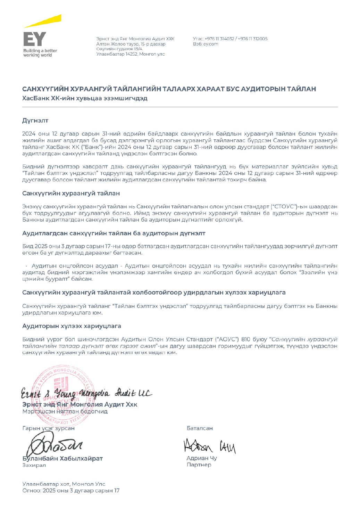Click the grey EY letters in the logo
coord(34,39)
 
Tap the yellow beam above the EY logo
coord(43,21)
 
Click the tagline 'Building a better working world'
coord(40,53)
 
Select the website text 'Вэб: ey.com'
coord(206,44)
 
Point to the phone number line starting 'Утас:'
coord(230,39)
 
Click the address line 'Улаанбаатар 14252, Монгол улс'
coord(131,54)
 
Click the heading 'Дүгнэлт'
coord(35,121)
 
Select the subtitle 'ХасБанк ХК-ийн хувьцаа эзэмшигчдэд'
coord(85,98)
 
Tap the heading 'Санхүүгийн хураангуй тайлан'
coord(71,193)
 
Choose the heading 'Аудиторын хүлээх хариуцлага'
coord(72,326)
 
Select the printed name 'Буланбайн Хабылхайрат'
coord(62,458)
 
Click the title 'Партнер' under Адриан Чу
coord(199,465)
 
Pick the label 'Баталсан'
coord(200,428)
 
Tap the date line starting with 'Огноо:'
coord(71,491)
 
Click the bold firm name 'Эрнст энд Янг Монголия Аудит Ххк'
coord(79,404)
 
